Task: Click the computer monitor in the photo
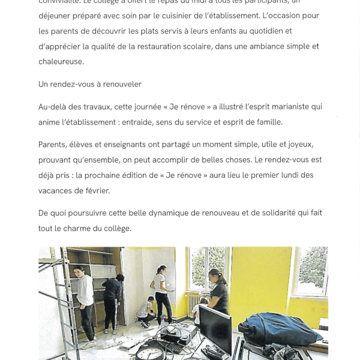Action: [x=214, y=327]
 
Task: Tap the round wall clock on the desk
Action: [x=146, y=354]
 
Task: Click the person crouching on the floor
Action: [x=145, y=311]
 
